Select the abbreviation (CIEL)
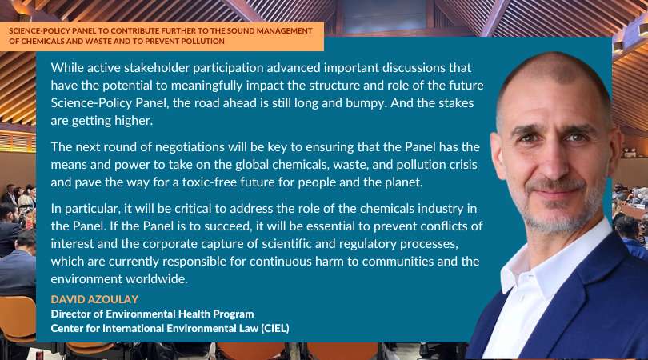click(x=275, y=328)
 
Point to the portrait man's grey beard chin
click(x=554, y=221)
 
